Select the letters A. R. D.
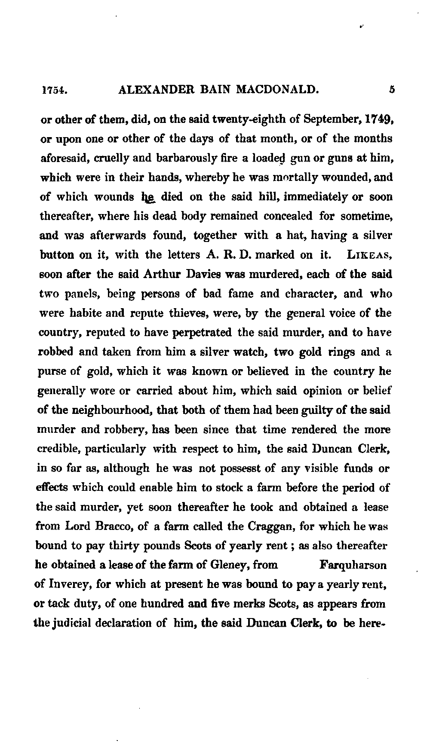click(x=230, y=255)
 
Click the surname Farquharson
click(x=353, y=565)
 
